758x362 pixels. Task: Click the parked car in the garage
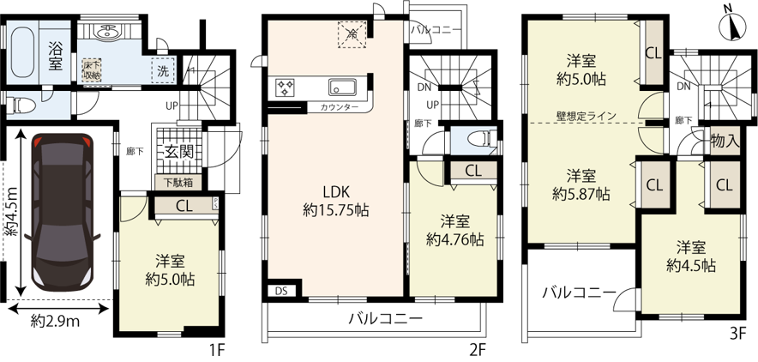click(62, 212)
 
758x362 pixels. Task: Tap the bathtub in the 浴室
click(24, 51)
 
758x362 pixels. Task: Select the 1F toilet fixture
click(21, 104)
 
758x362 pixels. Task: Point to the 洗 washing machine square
click(164, 71)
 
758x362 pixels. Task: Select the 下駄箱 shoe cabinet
click(179, 183)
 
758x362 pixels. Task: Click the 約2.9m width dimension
click(55, 321)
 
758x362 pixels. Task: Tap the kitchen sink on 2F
click(343, 87)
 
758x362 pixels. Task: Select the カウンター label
click(339, 107)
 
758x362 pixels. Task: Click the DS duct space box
click(281, 291)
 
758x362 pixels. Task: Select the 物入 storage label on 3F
click(725, 142)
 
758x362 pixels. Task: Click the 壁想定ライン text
click(586, 116)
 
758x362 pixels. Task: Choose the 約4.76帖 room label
click(455, 231)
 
